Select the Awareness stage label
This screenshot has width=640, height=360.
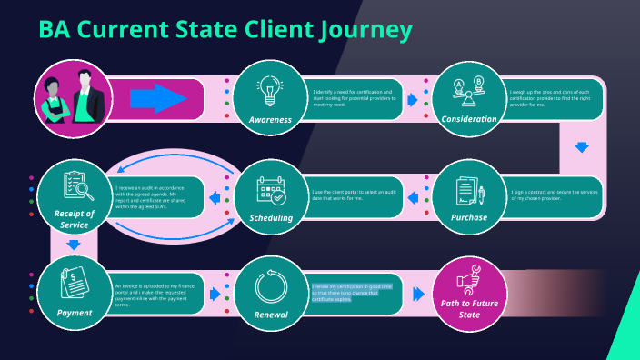269,119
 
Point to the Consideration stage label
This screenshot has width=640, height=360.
469,119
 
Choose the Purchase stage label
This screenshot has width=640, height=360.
469,218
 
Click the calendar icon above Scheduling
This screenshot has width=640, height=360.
271,190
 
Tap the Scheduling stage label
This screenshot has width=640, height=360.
271,218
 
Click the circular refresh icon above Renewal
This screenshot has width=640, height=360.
271,286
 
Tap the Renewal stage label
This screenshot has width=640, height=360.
271,315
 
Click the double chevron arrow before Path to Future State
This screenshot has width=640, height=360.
417,295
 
